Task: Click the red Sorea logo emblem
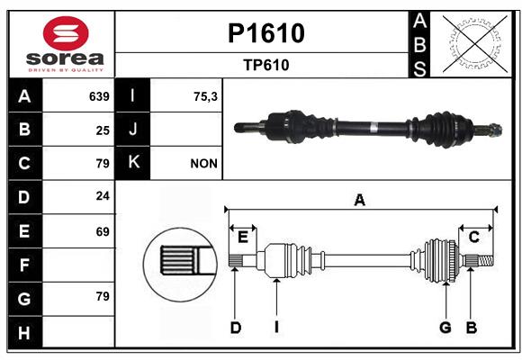point(66,33)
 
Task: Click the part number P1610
point(266,33)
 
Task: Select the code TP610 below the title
point(266,65)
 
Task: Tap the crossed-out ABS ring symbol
point(475,43)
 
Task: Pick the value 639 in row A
point(99,96)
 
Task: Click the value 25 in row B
point(103,130)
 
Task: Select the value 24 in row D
point(103,196)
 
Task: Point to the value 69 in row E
point(103,231)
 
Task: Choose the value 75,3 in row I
point(205,96)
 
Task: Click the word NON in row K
point(203,164)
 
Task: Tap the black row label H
point(25,332)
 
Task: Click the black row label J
point(132,129)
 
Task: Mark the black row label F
point(25,265)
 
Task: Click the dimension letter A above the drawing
point(359,201)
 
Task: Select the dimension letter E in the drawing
point(243,238)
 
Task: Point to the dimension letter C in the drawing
point(473,238)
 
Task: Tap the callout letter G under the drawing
point(445,328)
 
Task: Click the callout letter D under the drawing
point(236,328)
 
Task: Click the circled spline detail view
point(180,265)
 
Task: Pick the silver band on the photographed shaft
point(373,128)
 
